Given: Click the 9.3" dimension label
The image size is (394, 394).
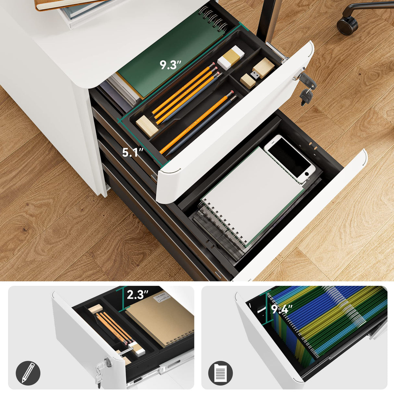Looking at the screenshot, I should tap(170, 65).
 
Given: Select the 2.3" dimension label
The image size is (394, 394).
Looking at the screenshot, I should tap(137, 295).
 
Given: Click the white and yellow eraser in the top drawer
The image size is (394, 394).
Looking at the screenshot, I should tap(231, 57).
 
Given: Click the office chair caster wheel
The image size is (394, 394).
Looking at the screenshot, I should tap(347, 24).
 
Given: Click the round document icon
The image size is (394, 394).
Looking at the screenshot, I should tap(220, 373).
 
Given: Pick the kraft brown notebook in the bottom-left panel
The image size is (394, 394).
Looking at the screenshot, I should tap(159, 318).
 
